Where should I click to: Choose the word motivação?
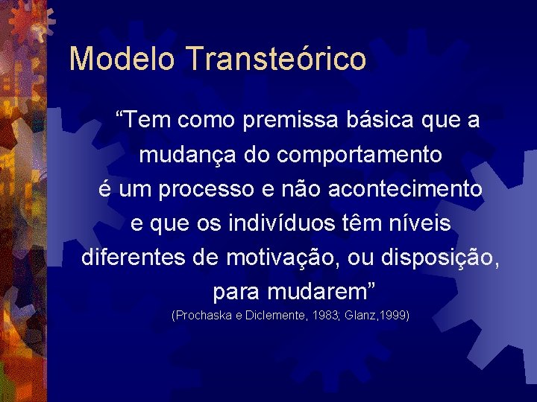[283, 258]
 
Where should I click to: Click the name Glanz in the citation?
[359, 316]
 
